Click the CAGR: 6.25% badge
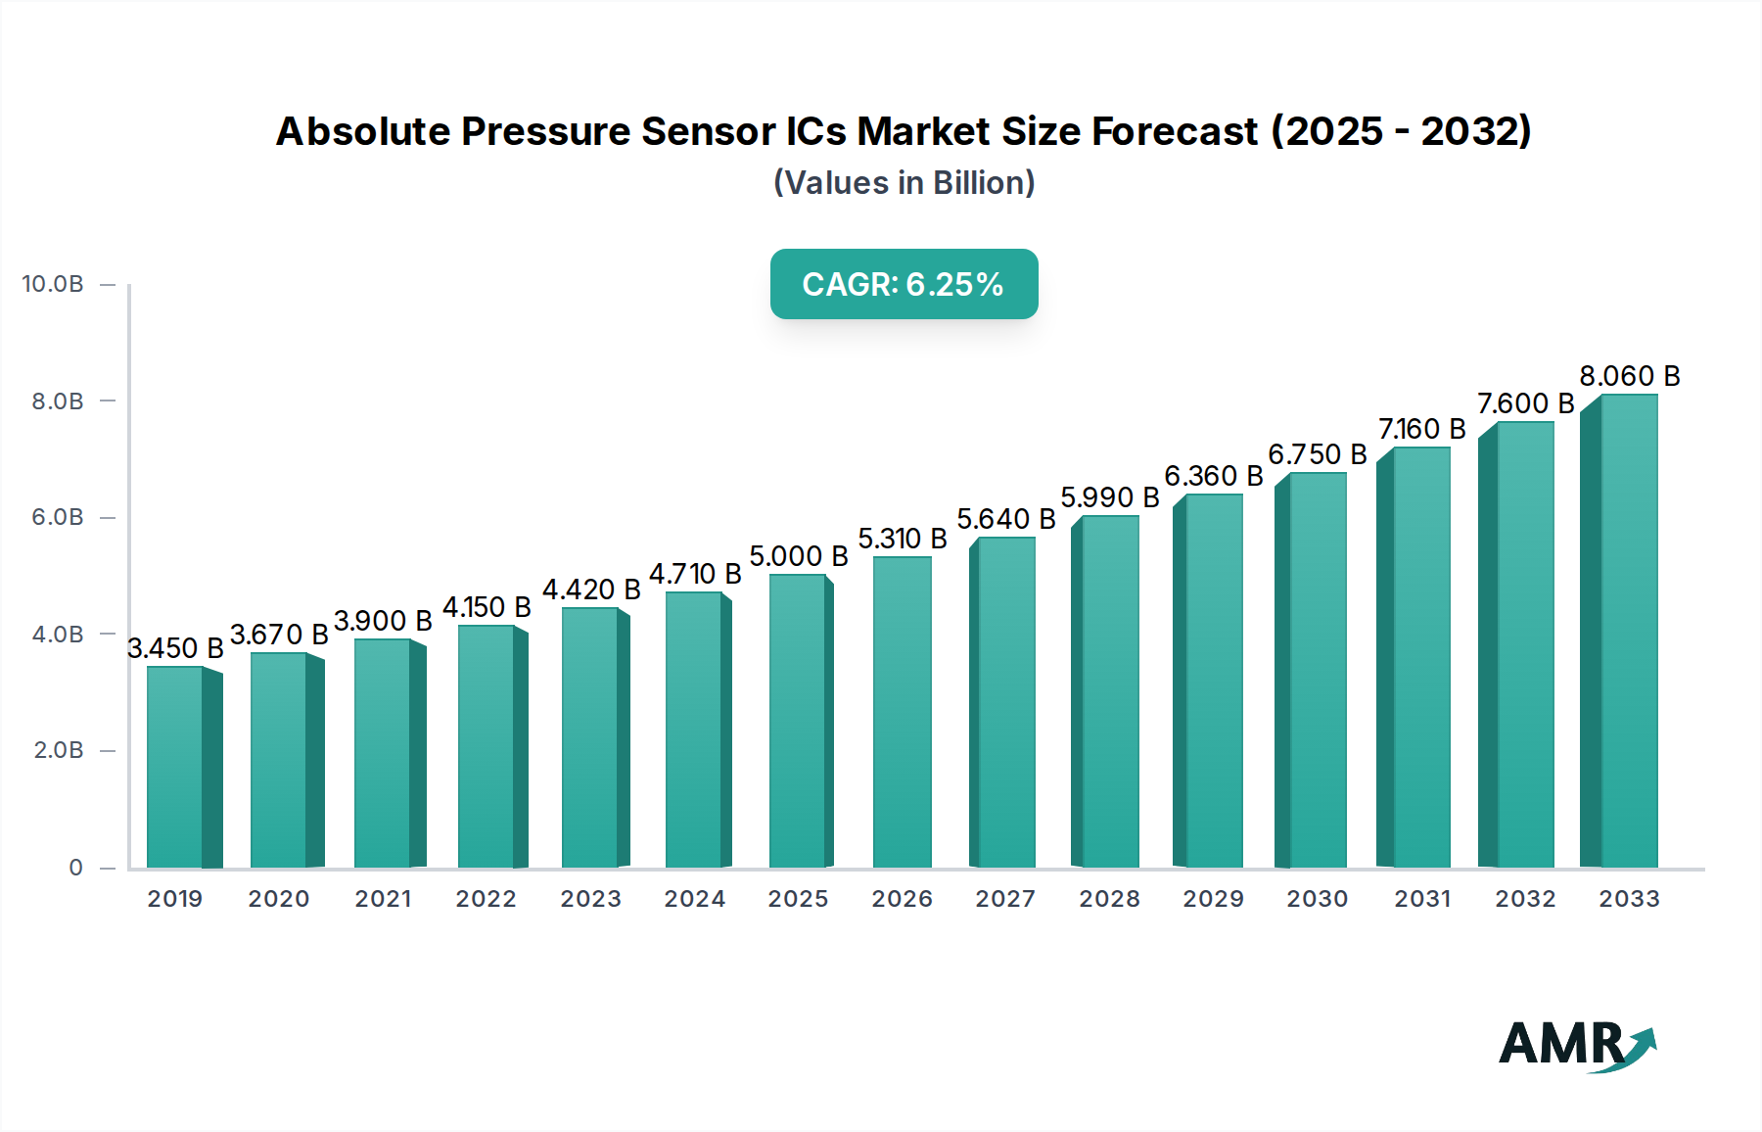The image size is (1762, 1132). [x=904, y=284]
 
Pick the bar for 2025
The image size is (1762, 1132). [x=798, y=721]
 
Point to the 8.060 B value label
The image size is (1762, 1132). [x=1629, y=376]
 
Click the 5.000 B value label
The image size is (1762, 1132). [x=798, y=556]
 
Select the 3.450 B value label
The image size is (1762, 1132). [x=175, y=648]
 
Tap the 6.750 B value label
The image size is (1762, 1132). [x=1317, y=454]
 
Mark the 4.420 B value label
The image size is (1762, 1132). [x=590, y=590]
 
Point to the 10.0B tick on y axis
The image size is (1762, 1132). [x=53, y=284]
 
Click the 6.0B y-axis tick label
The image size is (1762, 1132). [x=58, y=517]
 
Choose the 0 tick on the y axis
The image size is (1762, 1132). [x=75, y=868]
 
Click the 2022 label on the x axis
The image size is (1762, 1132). [x=486, y=899]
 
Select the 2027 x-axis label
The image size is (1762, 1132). [x=1004, y=899]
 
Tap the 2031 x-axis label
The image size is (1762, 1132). [x=1421, y=899]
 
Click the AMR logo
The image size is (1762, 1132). [x=1577, y=1045]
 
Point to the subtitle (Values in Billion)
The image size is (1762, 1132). [x=904, y=183]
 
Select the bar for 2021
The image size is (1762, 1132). [x=384, y=753]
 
